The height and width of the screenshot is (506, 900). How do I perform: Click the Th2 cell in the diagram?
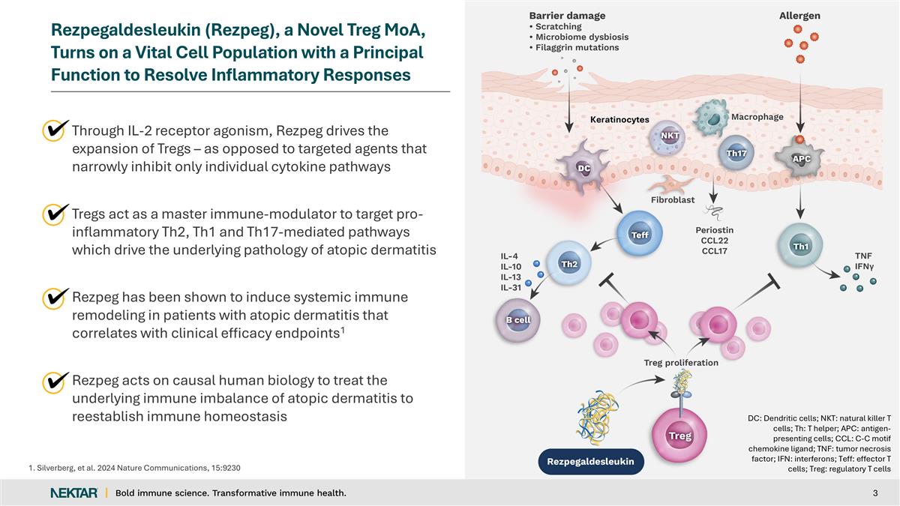pyautogui.click(x=569, y=263)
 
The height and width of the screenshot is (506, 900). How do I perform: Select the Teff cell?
pyautogui.click(x=639, y=234)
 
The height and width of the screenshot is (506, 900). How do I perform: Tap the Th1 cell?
pyautogui.click(x=800, y=245)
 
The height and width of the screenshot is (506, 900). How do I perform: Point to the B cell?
pyautogui.click(x=517, y=320)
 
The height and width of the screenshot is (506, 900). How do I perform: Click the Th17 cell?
pyautogui.click(x=736, y=153)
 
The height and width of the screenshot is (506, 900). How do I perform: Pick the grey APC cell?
pyautogui.click(x=799, y=158)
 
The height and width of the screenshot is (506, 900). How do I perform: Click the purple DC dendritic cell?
pyautogui.click(x=583, y=168)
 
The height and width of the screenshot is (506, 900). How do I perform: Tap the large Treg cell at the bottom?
pyautogui.click(x=679, y=436)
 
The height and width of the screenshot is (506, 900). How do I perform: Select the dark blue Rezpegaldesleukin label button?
pyautogui.click(x=591, y=462)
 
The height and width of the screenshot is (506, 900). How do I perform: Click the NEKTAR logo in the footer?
pyautogui.click(x=74, y=493)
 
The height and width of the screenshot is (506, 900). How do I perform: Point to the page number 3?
pyautogui.click(x=875, y=493)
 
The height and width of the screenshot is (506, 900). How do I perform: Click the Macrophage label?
pyautogui.click(x=757, y=117)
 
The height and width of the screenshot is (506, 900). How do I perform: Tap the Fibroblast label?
pyautogui.click(x=673, y=199)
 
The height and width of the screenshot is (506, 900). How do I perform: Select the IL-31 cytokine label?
pyautogui.click(x=511, y=288)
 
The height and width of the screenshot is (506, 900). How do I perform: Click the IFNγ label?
pyautogui.click(x=864, y=266)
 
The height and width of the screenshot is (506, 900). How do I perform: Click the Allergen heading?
pyautogui.click(x=799, y=16)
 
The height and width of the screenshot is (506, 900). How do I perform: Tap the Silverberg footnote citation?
pyautogui.click(x=134, y=468)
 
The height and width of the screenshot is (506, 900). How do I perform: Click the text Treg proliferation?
pyautogui.click(x=681, y=363)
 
